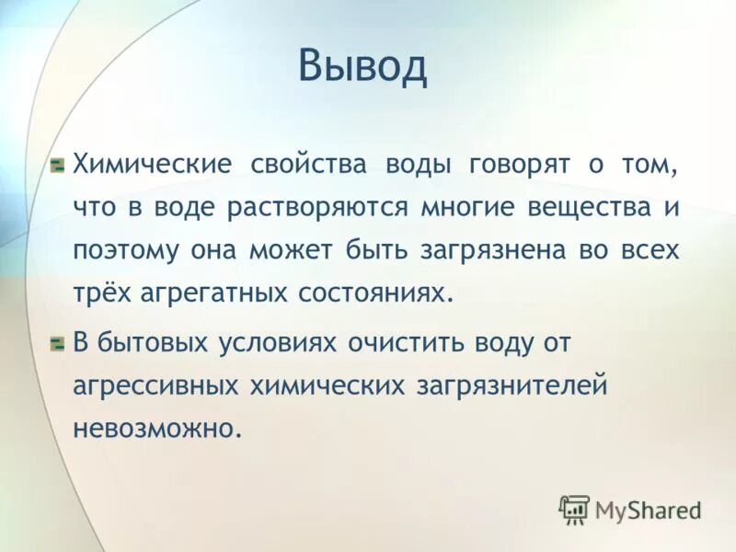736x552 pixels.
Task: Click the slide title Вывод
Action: pyautogui.click(x=362, y=67)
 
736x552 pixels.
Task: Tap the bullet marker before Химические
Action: pyautogui.click(x=57, y=166)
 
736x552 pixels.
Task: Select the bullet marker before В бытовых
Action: pyautogui.click(x=57, y=343)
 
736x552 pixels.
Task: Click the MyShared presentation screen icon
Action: pyautogui.click(x=574, y=509)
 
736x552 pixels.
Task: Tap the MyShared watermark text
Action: pyautogui.click(x=648, y=510)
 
